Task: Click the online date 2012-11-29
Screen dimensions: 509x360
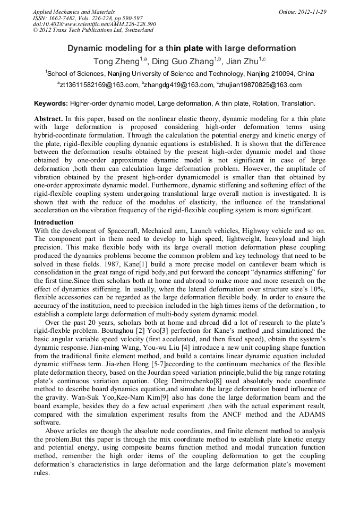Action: click(x=311, y=11)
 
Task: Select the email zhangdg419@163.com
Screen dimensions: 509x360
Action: click(x=177, y=85)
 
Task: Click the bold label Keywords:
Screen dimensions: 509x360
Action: click(x=51, y=103)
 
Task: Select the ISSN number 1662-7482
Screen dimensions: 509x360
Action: click(x=67, y=18)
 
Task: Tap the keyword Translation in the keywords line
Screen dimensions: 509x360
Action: click(x=298, y=103)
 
